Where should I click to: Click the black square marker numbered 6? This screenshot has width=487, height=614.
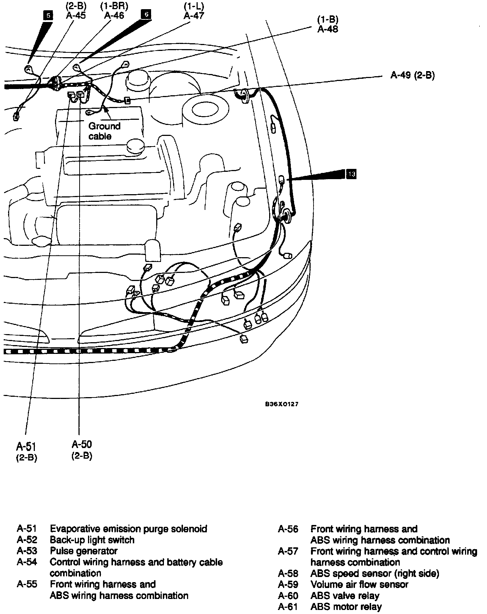point(146,14)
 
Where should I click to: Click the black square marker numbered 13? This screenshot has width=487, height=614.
point(351,174)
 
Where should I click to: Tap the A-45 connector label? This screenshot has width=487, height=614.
point(76,15)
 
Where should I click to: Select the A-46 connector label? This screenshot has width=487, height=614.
point(114,15)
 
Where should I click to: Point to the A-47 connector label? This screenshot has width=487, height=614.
point(194,15)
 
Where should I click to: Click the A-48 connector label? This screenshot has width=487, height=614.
point(327,29)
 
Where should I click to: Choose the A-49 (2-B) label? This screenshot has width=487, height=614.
point(412,75)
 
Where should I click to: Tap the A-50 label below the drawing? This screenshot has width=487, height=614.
point(82,444)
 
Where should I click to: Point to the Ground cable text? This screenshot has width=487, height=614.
point(104,131)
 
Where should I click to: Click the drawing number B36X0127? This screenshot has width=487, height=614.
point(282,404)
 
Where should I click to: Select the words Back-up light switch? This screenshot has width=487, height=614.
point(92,540)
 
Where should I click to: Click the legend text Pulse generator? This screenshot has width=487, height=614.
point(84,551)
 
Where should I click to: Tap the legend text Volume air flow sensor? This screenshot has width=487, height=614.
point(359,584)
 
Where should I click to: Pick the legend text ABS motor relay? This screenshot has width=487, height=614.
point(346,607)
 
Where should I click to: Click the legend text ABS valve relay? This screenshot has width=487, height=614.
point(345,596)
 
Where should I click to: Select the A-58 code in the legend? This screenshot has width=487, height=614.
point(288,573)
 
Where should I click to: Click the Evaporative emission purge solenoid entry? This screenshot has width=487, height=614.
point(128,529)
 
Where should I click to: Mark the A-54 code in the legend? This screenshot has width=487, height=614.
point(27,562)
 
